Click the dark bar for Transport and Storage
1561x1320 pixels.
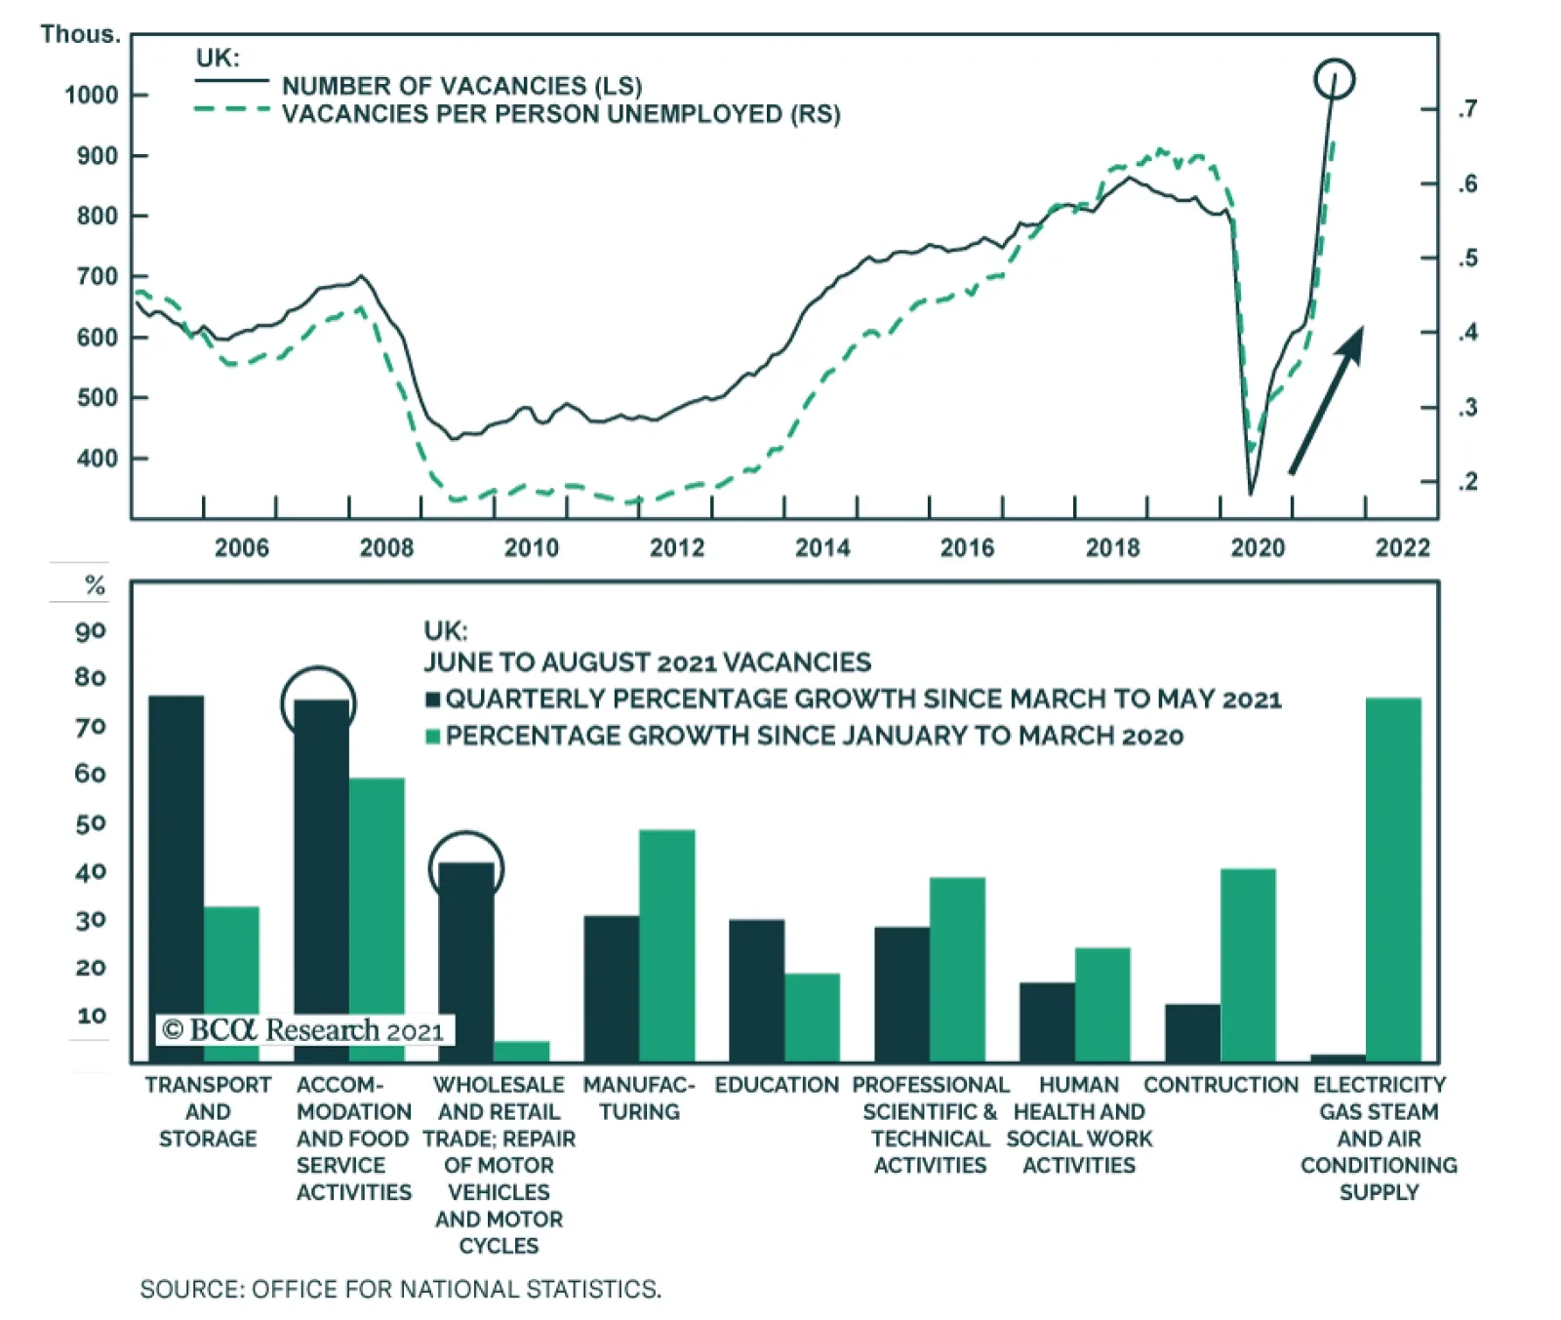[x=177, y=878]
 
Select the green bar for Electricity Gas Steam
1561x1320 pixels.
[x=1393, y=878]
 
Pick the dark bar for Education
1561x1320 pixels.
[x=756, y=989]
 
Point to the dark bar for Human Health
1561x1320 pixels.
[x=1047, y=1021]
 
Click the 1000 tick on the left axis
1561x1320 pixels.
[x=92, y=96]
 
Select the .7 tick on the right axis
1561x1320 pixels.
[x=1467, y=108]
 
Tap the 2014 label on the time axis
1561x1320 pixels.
[x=822, y=548]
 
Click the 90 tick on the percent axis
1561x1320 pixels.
[x=91, y=631]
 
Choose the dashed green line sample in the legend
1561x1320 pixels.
[x=231, y=109]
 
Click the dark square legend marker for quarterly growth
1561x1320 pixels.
[x=433, y=700]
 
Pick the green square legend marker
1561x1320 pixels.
[x=433, y=737]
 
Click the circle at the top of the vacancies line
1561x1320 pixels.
[x=1334, y=79]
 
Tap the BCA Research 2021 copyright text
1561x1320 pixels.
[x=303, y=1030]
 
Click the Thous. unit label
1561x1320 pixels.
[x=80, y=35]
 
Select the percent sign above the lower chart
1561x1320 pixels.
[x=95, y=585]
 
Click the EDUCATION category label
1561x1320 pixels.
[x=777, y=1085]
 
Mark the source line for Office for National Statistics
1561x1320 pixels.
[x=400, y=1290]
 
